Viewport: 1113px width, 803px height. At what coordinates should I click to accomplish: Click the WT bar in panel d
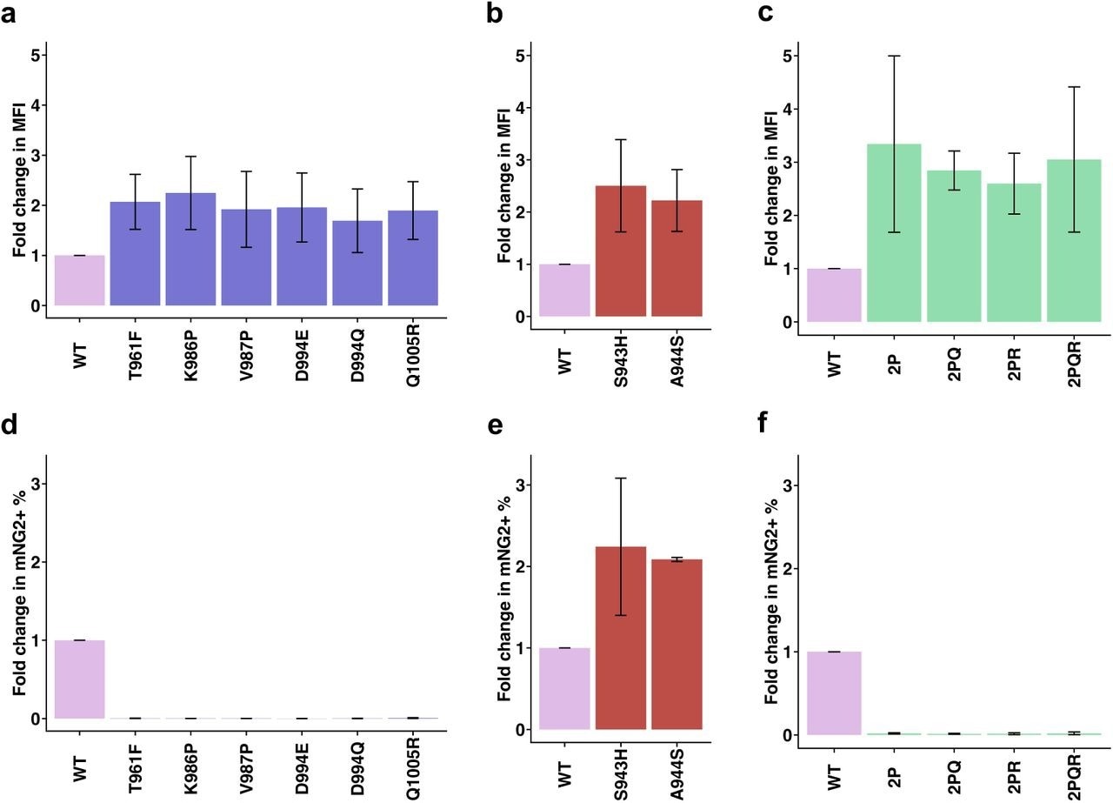click(x=80, y=679)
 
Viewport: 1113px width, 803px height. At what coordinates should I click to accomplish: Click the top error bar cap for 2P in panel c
click(x=894, y=56)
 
